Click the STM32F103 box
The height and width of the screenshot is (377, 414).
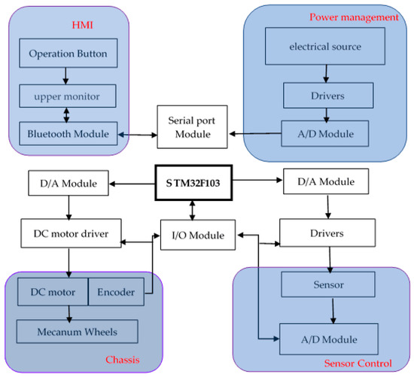[193, 181]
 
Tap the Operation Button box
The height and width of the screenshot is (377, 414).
[68, 54]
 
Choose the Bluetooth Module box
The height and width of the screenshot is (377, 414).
[68, 134]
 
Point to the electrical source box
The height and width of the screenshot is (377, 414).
[324, 47]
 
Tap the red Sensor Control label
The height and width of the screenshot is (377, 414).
[358, 363]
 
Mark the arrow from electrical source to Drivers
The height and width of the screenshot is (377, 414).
[324, 72]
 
